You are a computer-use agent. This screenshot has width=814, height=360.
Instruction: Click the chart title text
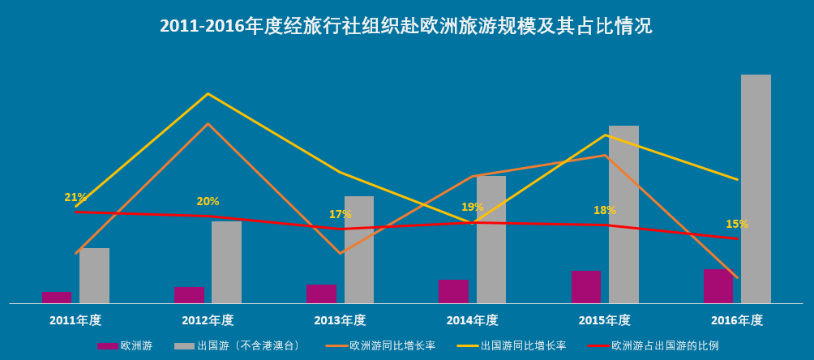(x=406, y=26)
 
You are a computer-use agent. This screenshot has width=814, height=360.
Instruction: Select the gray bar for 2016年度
(x=756, y=189)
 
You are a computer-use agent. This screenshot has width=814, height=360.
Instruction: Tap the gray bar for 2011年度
(x=94, y=276)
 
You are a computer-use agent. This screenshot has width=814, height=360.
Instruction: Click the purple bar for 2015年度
(x=586, y=287)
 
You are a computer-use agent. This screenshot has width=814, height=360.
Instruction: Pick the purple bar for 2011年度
(x=57, y=297)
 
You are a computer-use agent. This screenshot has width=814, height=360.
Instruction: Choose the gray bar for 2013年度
(x=359, y=250)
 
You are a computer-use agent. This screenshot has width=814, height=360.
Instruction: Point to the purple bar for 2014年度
(x=453, y=291)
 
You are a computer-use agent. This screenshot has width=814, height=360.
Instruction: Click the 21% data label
(x=75, y=197)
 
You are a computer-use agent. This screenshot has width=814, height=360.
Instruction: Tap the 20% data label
(x=208, y=201)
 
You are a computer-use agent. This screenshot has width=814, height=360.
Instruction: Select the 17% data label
(x=341, y=214)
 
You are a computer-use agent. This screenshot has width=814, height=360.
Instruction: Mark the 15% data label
(x=737, y=224)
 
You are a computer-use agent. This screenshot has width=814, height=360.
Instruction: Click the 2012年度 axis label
(x=208, y=320)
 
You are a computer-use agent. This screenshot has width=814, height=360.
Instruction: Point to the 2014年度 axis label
(x=472, y=320)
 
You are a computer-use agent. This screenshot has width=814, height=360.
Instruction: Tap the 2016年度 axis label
(x=737, y=320)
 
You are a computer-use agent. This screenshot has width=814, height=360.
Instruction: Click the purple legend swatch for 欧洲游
(x=107, y=346)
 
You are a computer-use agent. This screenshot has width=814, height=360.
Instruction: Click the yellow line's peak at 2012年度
(x=208, y=94)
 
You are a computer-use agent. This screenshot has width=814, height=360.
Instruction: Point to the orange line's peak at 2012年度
(x=208, y=123)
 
